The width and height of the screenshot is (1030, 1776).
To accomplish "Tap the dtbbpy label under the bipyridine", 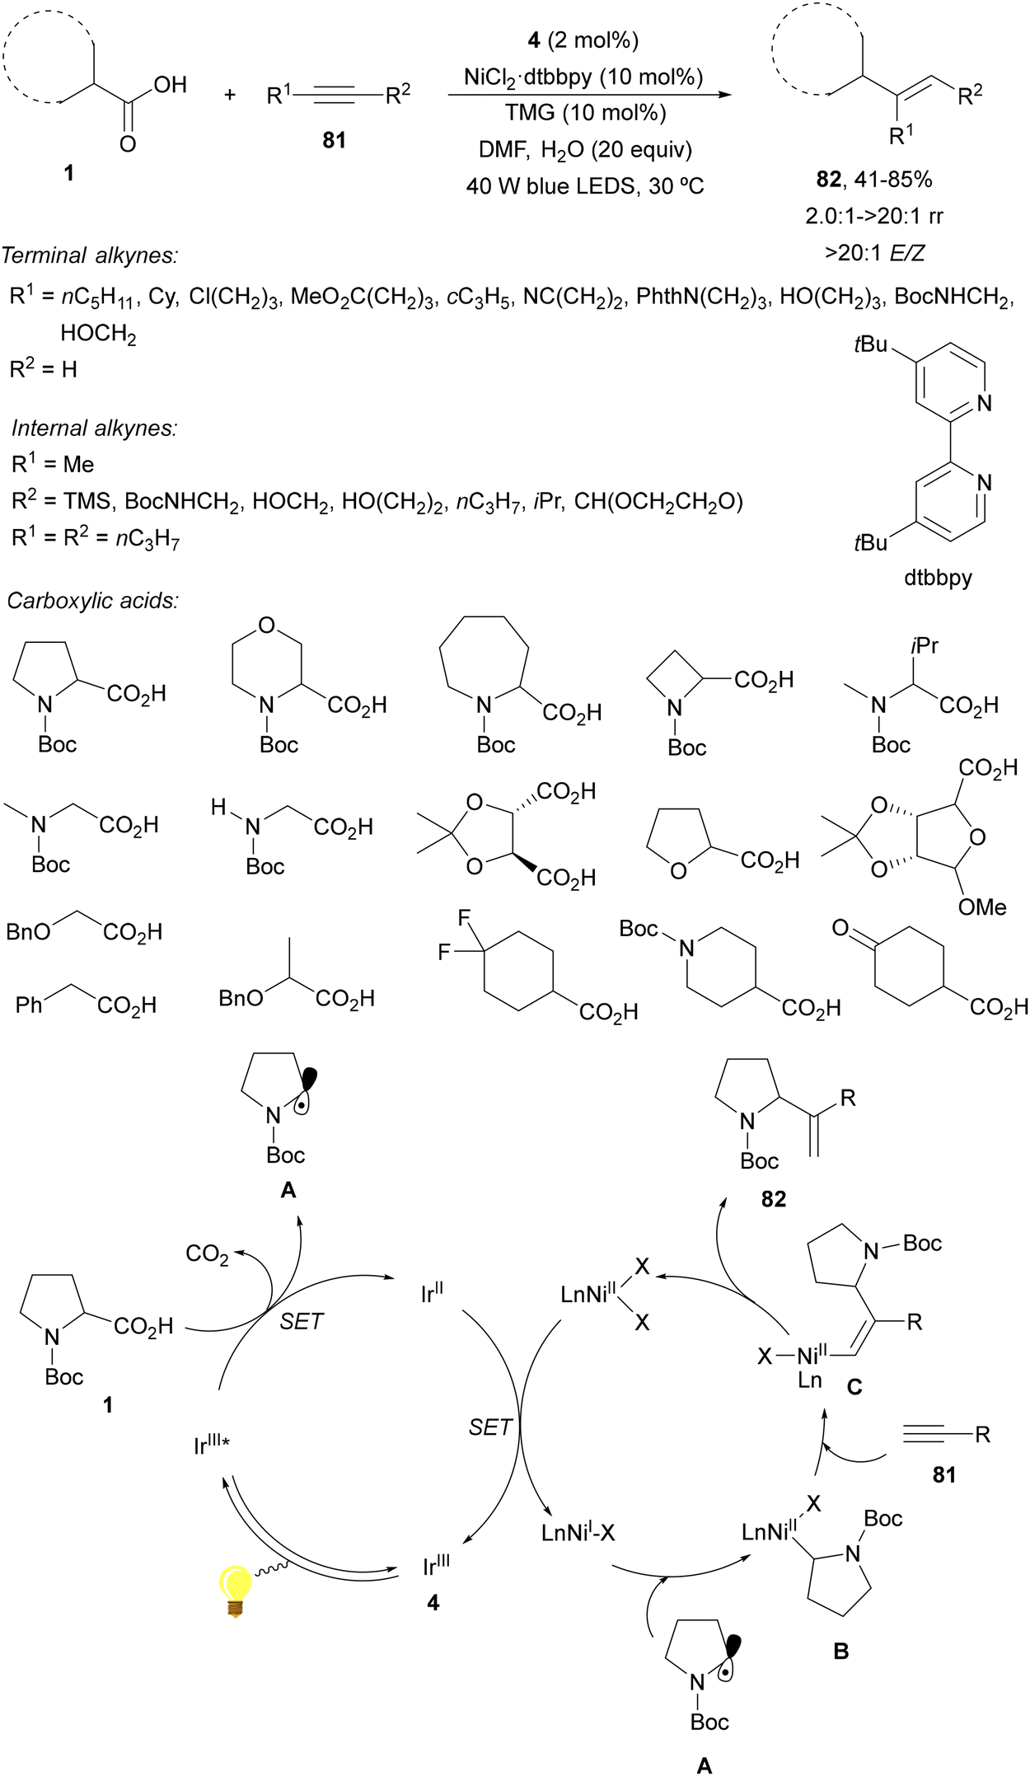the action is [938, 578].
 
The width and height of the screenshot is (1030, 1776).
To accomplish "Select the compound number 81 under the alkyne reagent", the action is [334, 140].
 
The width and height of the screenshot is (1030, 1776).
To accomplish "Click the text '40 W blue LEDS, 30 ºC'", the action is [585, 186].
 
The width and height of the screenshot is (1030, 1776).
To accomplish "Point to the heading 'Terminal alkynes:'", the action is [89, 255].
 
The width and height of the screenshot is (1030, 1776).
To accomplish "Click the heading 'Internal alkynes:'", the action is [95, 428].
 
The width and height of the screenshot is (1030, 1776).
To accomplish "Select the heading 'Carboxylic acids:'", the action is [92, 600].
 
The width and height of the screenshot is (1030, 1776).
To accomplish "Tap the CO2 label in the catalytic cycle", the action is [207, 1254].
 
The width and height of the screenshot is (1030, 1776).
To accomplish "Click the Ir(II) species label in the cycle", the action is [432, 1293].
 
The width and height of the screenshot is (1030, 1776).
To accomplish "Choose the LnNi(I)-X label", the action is [578, 1533].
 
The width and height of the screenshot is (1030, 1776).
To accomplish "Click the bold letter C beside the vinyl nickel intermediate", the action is [854, 1387].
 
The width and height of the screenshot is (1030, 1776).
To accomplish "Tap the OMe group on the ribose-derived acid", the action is [982, 907].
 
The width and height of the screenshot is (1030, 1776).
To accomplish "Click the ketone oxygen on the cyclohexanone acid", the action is [840, 928].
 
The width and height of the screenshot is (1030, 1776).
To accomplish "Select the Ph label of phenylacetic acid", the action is [29, 1005].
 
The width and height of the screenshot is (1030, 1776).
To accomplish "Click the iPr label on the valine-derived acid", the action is [925, 645].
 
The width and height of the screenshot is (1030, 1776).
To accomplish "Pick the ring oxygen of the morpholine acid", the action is [265, 626].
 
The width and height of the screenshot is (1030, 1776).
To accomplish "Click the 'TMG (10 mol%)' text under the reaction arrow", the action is [585, 113].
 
